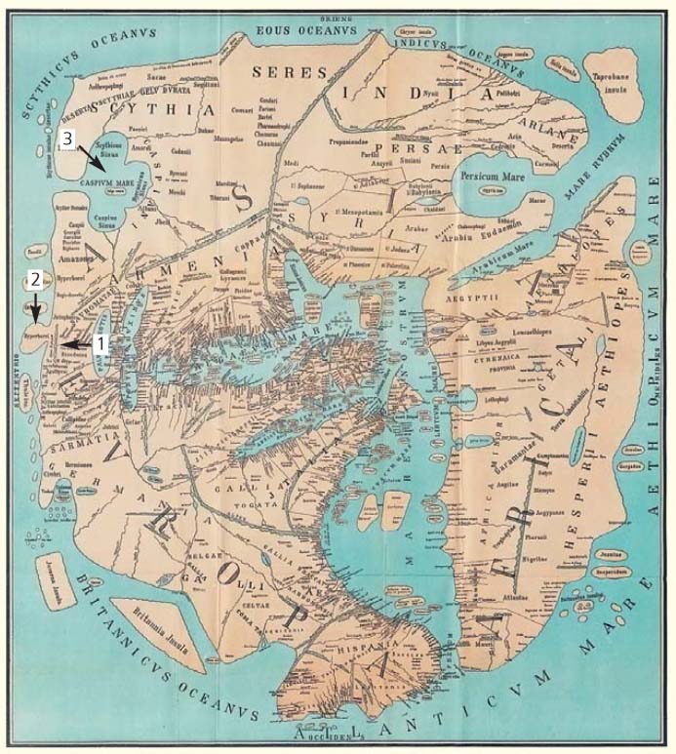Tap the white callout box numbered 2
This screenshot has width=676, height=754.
34,279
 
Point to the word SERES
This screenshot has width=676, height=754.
279,71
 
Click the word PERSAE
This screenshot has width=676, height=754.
411,124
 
